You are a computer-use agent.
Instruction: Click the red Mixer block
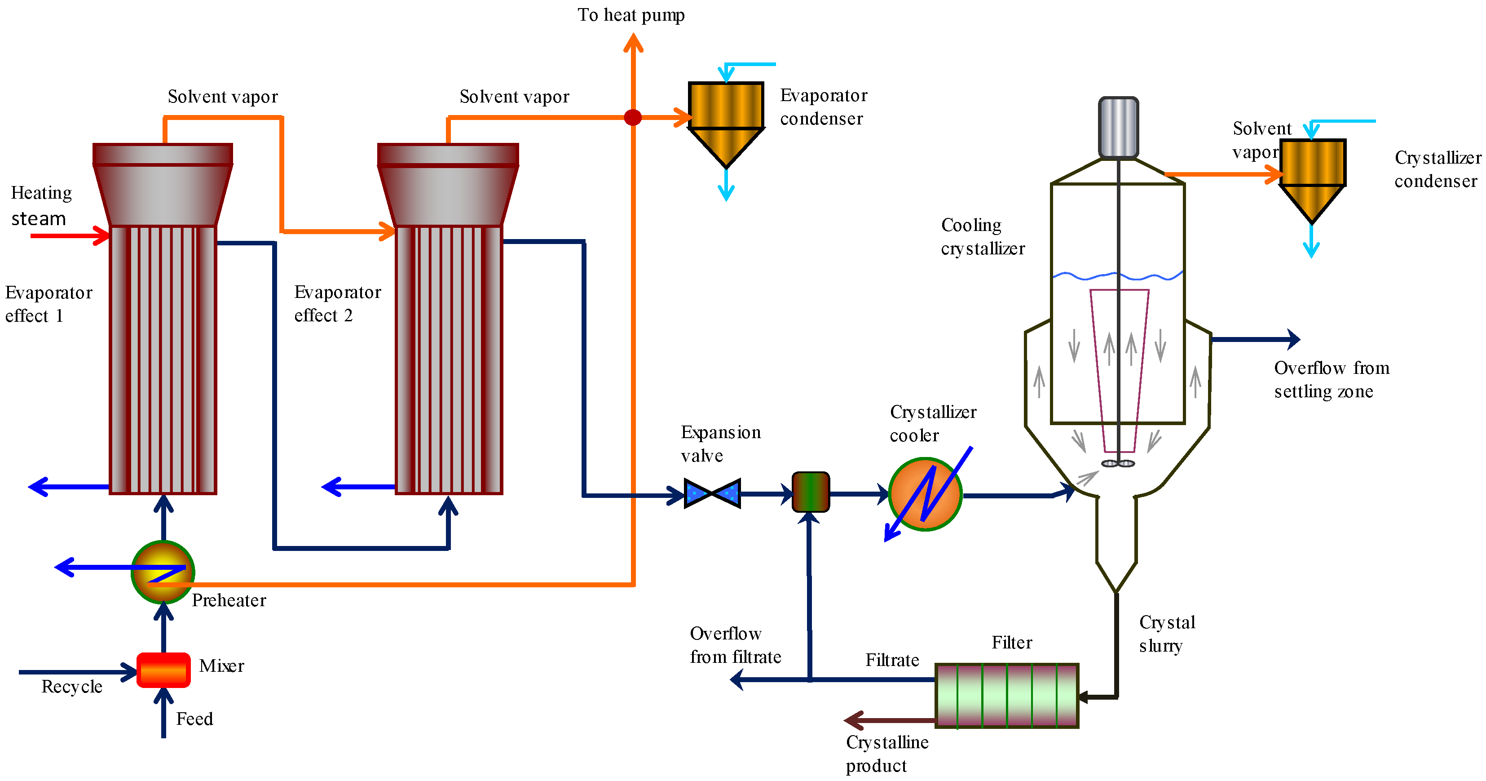(x=163, y=670)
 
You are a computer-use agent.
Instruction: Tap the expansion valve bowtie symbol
(x=712, y=493)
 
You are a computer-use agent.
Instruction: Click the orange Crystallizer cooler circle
(x=925, y=494)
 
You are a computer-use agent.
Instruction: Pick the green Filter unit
(x=1007, y=695)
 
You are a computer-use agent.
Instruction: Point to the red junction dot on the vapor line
(x=633, y=118)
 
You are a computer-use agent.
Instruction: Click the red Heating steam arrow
(x=69, y=235)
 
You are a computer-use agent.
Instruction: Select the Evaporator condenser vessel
(x=726, y=121)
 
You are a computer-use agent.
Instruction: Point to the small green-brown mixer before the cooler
(x=811, y=492)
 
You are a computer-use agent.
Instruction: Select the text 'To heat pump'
(x=631, y=14)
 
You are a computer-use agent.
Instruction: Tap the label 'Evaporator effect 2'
(x=337, y=304)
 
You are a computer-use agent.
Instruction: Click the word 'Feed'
(x=194, y=719)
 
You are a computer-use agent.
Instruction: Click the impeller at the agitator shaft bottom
(x=1118, y=463)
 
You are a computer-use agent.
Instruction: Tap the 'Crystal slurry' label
(x=1166, y=634)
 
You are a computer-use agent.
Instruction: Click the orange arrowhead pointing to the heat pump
(x=633, y=43)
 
